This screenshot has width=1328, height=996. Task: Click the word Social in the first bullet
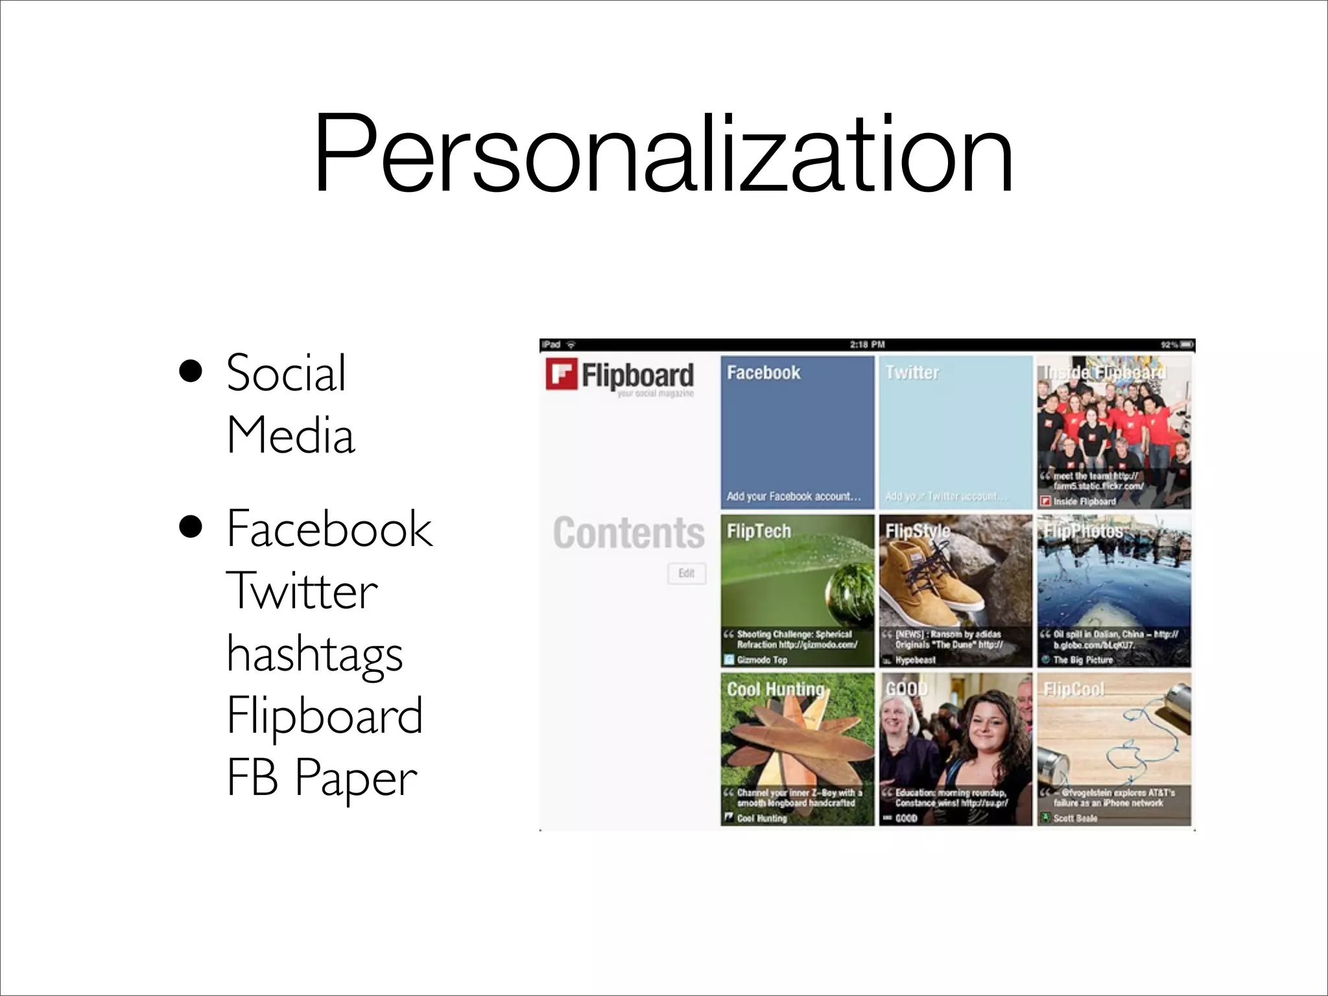pos(286,373)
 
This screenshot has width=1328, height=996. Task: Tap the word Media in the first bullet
pos(290,435)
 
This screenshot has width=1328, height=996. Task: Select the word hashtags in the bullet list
pos(314,654)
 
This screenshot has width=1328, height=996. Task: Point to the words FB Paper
pos(322,777)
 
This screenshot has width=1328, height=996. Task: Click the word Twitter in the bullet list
pos(302,591)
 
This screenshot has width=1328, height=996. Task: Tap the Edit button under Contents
pos(686,573)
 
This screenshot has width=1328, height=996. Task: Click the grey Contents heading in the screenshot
pos(628,533)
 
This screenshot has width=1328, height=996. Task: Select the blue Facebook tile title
pos(763,373)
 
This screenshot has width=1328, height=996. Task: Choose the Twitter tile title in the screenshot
pos(912,373)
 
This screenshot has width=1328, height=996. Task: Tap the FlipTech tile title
pos(759,532)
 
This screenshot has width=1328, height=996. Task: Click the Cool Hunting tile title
pos(776,689)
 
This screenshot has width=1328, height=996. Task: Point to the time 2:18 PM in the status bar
pos(867,344)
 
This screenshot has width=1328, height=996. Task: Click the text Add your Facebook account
pos(793,497)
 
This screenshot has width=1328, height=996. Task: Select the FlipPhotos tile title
pos(1083,532)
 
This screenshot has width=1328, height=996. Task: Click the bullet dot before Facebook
pos(191,529)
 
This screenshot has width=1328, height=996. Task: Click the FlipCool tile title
pos(1073,689)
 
